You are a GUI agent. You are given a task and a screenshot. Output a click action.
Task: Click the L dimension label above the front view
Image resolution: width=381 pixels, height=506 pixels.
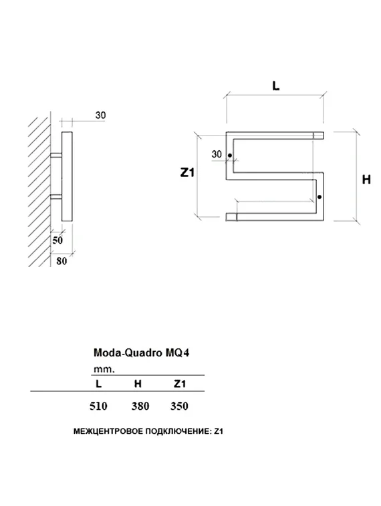275,85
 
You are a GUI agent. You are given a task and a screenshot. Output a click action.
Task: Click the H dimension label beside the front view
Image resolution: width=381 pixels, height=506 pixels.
366,179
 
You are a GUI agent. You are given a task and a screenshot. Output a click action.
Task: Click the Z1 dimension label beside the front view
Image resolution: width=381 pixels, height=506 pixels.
187,172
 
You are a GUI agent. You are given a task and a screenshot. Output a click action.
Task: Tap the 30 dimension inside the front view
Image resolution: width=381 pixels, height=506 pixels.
217,154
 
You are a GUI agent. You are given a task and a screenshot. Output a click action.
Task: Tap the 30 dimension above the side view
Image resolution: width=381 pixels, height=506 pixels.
101,115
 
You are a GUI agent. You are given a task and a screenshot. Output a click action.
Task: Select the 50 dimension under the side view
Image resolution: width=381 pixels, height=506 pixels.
57,239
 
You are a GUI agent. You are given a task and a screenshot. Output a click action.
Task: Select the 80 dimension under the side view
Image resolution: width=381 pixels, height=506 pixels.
61,261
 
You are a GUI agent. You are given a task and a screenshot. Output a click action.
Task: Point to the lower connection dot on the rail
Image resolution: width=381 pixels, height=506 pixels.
320,196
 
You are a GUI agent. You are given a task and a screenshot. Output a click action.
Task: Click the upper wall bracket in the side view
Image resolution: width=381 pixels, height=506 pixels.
56,156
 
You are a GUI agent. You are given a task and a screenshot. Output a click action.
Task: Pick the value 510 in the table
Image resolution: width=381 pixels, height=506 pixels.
98,406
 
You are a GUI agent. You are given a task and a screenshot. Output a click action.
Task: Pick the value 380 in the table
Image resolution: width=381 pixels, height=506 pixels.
140,406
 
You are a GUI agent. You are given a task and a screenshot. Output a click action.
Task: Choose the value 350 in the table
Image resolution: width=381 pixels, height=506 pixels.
180,406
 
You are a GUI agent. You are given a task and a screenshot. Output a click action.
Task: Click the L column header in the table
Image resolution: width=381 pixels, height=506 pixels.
99,383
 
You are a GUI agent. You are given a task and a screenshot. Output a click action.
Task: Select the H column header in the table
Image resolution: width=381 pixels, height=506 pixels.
138,383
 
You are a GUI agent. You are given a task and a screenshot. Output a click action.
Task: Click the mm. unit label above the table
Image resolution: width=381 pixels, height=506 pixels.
104,368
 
